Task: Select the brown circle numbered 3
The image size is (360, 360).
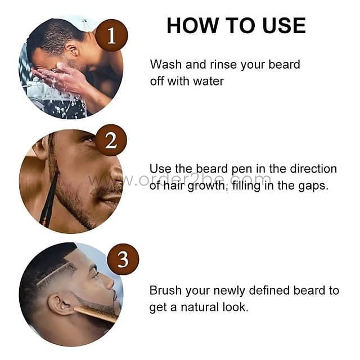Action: (123, 260)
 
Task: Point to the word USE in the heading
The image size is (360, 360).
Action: (281, 25)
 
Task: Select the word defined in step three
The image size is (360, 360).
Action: (267, 291)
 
